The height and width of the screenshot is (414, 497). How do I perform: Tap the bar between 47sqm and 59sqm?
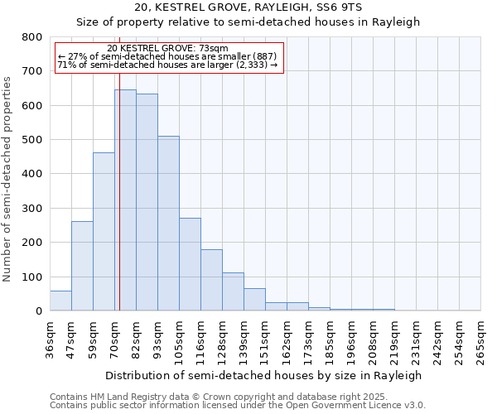pyautogui.click(x=82, y=266)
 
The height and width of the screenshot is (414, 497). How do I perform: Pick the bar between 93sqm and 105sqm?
pyautogui.click(x=168, y=224)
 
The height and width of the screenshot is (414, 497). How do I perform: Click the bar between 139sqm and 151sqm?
pyautogui.click(x=254, y=300)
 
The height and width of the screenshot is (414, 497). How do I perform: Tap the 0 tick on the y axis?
pyautogui.click(x=38, y=311)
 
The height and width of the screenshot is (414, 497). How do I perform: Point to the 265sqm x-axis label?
pyautogui.click(x=481, y=339)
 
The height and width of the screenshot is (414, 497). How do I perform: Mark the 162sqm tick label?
pyautogui.click(x=287, y=339)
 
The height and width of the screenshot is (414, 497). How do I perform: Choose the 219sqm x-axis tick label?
pyautogui.click(x=395, y=339)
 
